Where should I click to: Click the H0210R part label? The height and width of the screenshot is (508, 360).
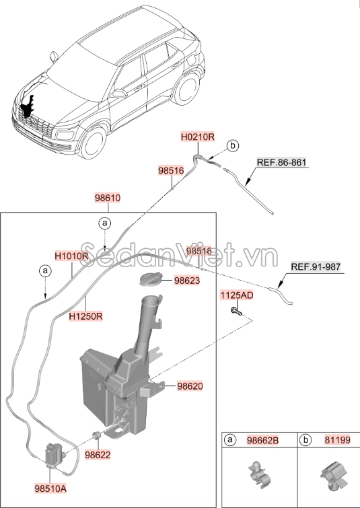click(197, 136)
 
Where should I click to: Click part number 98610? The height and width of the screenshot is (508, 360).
click(107, 198)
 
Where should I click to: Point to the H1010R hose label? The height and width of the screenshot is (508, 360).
click(72, 256)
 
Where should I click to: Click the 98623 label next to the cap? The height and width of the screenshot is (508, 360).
click(186, 281)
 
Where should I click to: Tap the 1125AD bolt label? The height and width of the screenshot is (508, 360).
click(236, 295)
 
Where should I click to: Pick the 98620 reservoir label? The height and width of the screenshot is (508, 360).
click(190, 386)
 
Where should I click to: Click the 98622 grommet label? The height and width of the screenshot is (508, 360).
click(98, 455)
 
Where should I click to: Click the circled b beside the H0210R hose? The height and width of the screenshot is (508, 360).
click(232, 145)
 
